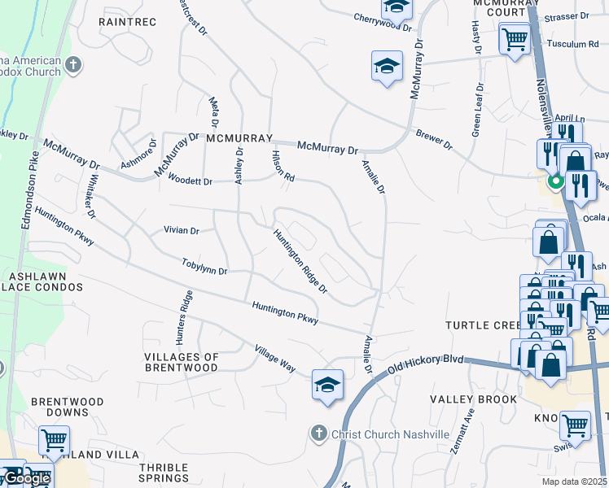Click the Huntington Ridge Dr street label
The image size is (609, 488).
[x=300, y=261]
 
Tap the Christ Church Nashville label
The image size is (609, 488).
[x=390, y=434]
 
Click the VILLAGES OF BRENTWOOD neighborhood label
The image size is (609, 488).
[x=182, y=362]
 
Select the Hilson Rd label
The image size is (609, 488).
[x=283, y=166]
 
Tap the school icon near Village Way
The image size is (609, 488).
[x=327, y=386]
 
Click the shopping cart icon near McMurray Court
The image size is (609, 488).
[x=515, y=38]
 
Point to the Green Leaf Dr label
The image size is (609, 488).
[x=478, y=109]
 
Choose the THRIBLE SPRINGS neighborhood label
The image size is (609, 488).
[x=164, y=473]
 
